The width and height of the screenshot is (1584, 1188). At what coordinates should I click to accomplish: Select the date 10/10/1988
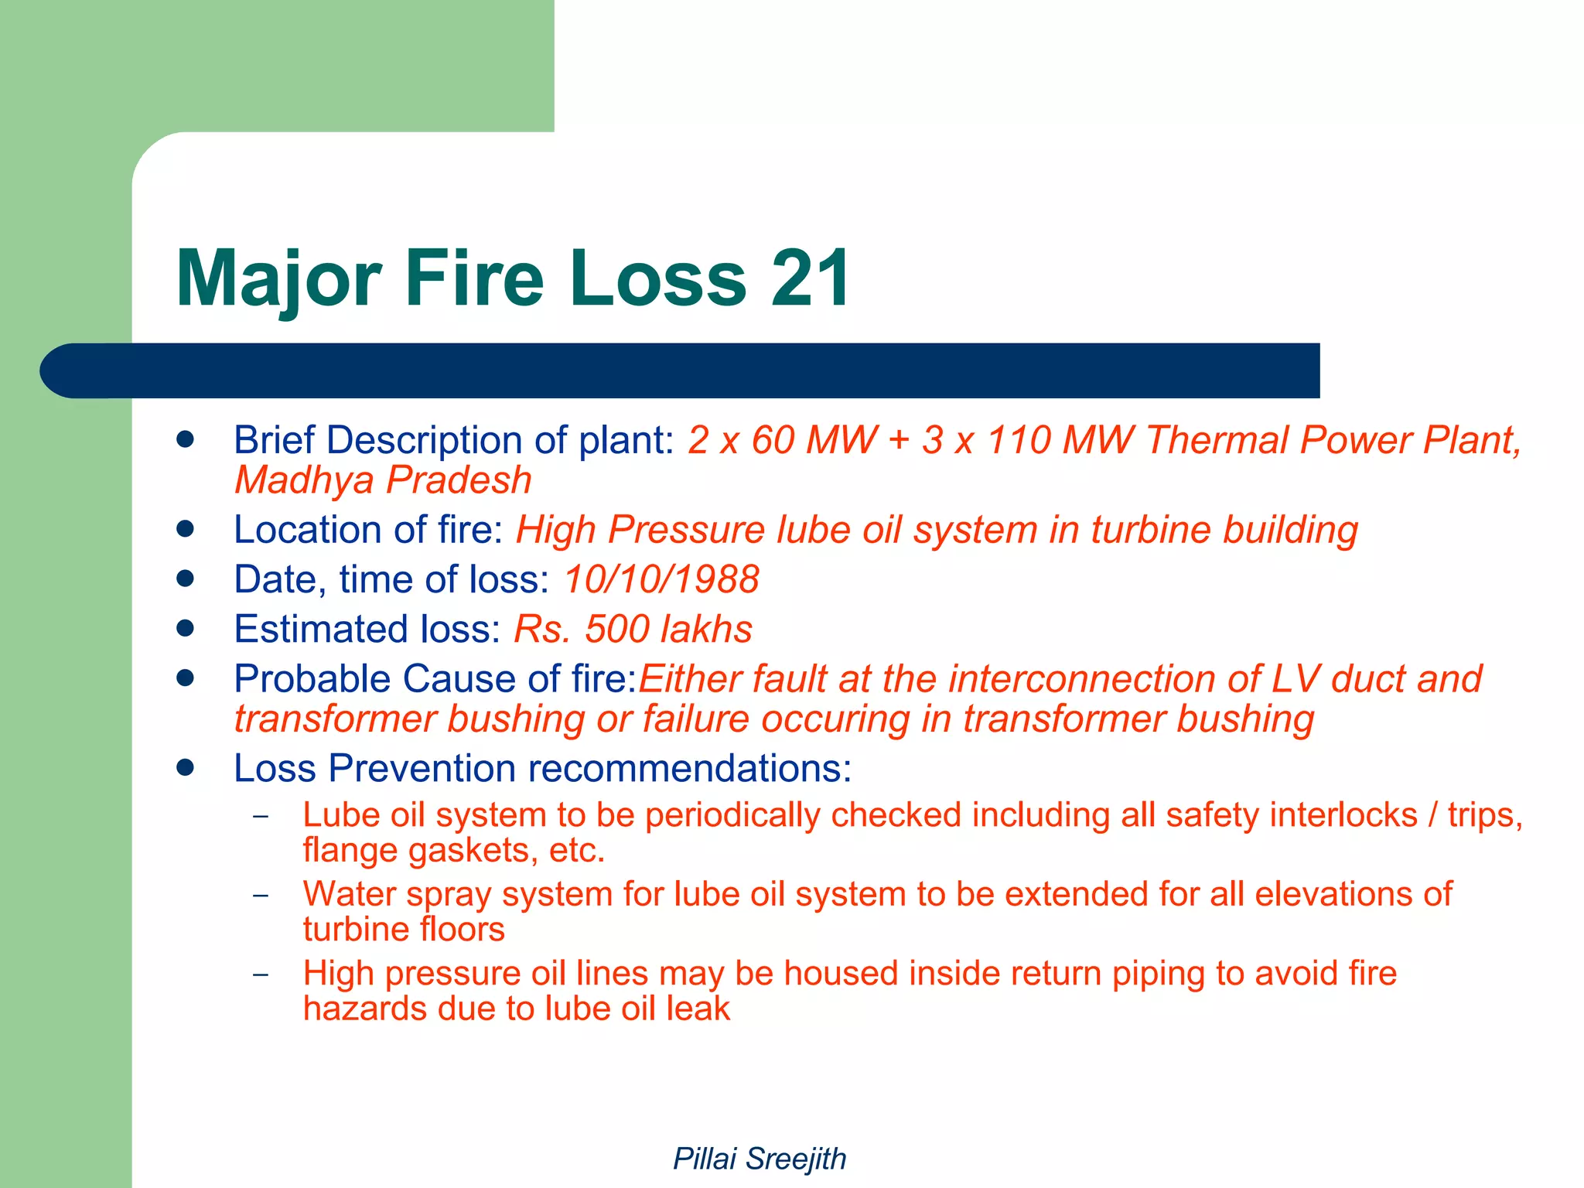tap(661, 579)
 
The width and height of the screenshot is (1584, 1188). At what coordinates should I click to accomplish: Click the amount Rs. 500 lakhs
tap(633, 629)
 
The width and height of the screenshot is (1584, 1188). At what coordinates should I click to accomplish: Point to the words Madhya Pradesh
tap(383, 480)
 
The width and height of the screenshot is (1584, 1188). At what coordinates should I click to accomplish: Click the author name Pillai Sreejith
tap(760, 1159)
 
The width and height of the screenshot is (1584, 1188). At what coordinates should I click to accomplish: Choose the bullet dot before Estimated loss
tap(185, 628)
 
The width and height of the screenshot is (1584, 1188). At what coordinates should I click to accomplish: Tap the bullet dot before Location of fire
tap(185, 529)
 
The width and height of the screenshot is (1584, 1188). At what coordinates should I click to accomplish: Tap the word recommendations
tap(689, 769)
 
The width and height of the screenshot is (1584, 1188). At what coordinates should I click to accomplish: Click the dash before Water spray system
tap(261, 895)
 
